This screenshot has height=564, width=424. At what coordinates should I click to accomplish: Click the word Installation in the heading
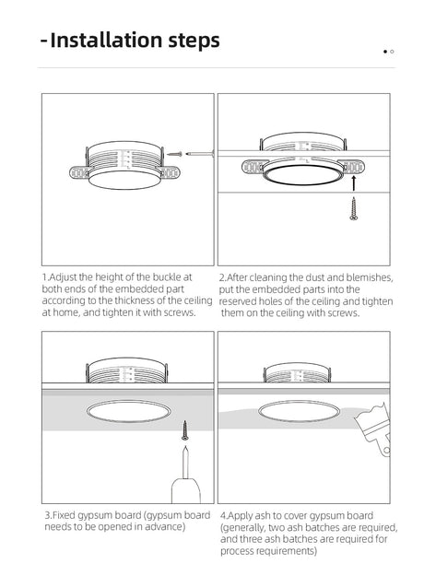click(x=106, y=40)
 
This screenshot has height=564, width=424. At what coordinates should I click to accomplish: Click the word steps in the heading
click(x=194, y=41)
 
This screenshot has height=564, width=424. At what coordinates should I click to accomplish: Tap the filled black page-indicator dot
click(x=385, y=52)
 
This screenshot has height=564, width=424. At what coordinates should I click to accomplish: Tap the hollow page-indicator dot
click(x=392, y=52)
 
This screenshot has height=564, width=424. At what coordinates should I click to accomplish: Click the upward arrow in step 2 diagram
click(x=354, y=182)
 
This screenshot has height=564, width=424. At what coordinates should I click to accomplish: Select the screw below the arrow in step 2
click(x=354, y=208)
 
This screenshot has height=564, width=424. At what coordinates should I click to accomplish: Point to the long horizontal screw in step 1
click(x=200, y=154)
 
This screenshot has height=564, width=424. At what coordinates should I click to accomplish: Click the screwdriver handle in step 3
click(x=185, y=490)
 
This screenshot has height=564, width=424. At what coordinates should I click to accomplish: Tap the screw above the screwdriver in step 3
click(x=185, y=430)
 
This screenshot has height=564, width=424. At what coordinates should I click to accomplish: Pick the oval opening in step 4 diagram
click(x=299, y=411)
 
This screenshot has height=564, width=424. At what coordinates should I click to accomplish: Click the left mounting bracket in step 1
click(x=79, y=172)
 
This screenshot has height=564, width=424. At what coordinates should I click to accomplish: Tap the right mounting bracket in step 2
click(x=354, y=167)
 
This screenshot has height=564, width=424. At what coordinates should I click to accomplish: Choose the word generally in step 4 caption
click(x=243, y=528)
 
